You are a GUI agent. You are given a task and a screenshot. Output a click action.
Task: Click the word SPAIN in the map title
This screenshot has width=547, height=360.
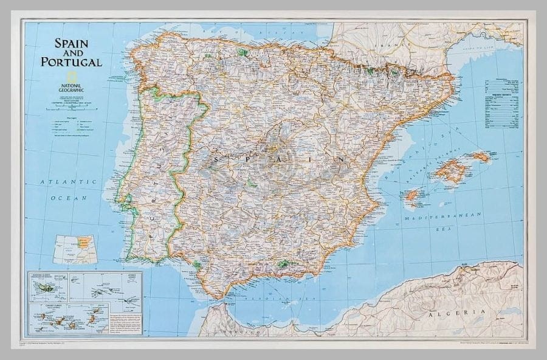pos(72,43)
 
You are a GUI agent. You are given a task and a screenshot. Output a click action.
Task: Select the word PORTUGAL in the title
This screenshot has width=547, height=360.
pos(71,61)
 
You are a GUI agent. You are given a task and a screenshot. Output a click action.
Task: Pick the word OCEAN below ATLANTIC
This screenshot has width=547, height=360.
pos(68,198)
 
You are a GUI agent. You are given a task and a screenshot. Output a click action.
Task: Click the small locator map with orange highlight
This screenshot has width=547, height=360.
pos(75,249)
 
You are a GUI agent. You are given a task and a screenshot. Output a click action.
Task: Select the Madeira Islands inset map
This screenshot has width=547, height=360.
pos(49,286)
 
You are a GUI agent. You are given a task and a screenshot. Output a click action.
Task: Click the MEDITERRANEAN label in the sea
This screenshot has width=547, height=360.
pos(444,216)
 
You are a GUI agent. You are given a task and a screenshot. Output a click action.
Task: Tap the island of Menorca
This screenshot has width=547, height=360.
pos(480,156)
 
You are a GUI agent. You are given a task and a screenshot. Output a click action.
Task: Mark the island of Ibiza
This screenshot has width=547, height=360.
pos(412,196)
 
